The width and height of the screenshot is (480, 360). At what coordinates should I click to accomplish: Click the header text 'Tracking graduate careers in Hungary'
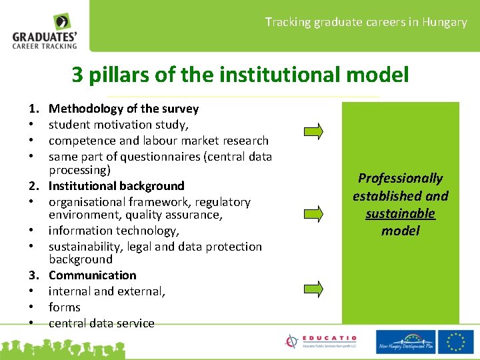[x=366, y=22]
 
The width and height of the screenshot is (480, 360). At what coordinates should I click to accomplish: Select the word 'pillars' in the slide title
[x=119, y=75]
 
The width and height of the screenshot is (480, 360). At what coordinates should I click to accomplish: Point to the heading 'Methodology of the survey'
[x=123, y=109]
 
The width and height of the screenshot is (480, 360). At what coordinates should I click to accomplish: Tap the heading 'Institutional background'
[x=116, y=186]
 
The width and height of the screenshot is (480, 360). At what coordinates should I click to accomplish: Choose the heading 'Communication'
[x=92, y=275]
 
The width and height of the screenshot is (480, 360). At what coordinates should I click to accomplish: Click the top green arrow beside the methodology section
[x=313, y=130]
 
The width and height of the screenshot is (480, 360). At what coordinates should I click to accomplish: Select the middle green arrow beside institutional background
[x=313, y=213]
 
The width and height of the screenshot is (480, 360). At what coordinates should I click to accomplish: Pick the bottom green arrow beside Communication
[x=313, y=288]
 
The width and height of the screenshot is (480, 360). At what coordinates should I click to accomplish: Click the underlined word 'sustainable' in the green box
[x=400, y=213]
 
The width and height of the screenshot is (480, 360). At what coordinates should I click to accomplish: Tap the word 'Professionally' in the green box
[x=400, y=178]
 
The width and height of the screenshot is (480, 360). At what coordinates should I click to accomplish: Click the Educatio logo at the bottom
[x=321, y=341]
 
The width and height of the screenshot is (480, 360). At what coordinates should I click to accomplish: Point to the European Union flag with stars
[x=457, y=341]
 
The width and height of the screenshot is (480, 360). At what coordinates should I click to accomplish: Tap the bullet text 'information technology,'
[x=114, y=231]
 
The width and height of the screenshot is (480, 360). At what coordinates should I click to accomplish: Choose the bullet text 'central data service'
[x=101, y=323]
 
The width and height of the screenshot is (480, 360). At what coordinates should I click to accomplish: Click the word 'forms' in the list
[x=64, y=307]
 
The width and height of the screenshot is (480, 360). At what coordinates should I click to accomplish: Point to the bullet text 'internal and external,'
[x=107, y=291]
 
